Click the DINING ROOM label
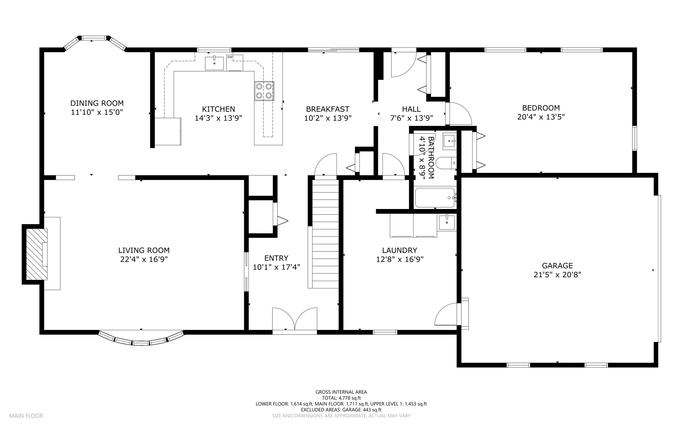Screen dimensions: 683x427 pos(97,103)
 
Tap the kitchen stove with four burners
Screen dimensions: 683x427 pos(264,91)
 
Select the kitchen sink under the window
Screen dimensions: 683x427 pos(214,63)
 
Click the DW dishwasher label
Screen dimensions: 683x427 pos(230,57)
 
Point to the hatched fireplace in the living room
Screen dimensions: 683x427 pos(37,254)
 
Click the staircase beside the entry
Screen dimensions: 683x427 pos(325,234)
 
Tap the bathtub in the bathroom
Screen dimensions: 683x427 pos(435,198)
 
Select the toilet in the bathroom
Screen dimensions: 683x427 pos(446,163)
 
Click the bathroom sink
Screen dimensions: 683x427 pos(450,142)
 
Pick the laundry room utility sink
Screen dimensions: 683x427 pos(447,223)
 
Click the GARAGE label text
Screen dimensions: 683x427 pos(557,266)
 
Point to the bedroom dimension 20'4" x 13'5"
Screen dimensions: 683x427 pos(541,117)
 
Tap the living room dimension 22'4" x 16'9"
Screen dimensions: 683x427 pos(144,259)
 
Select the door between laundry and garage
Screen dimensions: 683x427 pos(448,314)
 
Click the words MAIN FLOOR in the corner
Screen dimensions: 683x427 pos(26,416)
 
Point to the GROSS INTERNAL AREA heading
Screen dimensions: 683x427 pos(341,392)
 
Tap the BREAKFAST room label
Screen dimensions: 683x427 pos(327,109)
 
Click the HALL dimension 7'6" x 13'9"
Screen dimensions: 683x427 pos(412,118)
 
